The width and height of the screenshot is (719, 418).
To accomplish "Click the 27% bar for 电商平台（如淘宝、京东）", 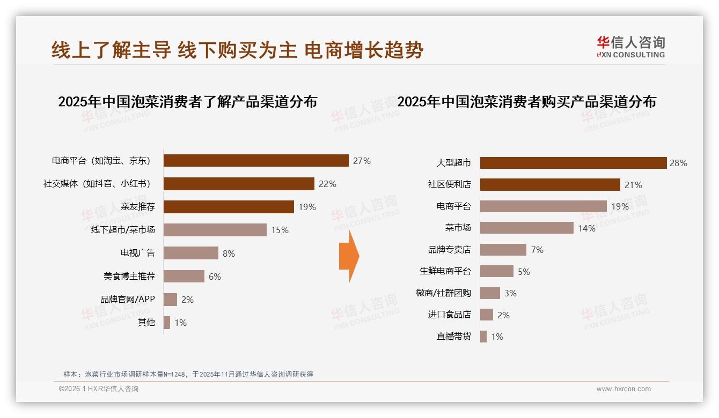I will [x=256, y=161].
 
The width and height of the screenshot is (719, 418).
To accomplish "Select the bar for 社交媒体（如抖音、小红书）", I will [x=239, y=184].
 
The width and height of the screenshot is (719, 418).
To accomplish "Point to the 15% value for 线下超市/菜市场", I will [x=280, y=230].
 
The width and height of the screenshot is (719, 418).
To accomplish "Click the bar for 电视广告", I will [x=191, y=253].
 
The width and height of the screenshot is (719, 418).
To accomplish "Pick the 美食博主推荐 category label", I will [x=129, y=277].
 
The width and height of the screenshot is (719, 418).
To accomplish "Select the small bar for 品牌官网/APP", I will [x=170, y=300].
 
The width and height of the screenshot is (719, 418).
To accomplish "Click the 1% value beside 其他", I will [x=180, y=323].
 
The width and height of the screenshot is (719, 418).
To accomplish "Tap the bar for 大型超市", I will [x=573, y=163].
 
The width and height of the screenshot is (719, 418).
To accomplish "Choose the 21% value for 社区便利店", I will [x=633, y=185].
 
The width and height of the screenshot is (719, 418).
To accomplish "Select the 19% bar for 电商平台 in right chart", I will [x=543, y=206].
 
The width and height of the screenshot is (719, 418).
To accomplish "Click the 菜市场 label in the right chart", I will [x=458, y=228].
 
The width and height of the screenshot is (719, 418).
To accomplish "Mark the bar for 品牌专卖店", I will [x=503, y=250].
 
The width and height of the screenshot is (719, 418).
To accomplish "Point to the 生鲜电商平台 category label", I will [x=445, y=272].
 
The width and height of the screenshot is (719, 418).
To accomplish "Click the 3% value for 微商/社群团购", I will [x=510, y=293].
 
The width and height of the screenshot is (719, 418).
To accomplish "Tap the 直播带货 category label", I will [x=454, y=337].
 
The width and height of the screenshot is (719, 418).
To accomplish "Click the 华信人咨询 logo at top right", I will [x=630, y=47].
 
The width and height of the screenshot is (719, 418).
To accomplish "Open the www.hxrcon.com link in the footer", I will [x=623, y=389].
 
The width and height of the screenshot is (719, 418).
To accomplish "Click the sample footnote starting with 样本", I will [x=188, y=375].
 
